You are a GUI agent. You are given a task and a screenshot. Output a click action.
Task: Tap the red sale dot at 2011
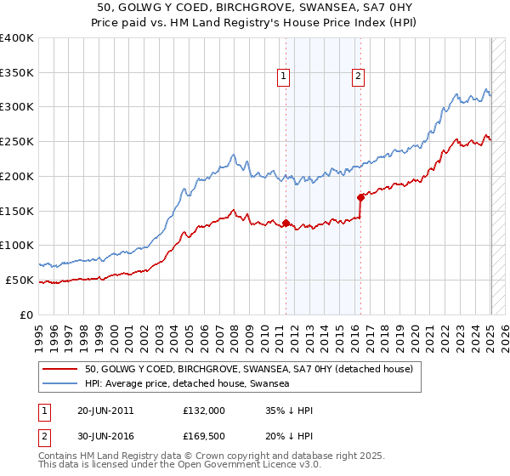pos(286,224)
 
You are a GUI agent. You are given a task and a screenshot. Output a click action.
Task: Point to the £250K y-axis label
pos(17,142)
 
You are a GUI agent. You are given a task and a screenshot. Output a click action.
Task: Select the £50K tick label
pos(20,280)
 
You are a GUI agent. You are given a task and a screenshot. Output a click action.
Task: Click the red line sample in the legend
pos(60,369)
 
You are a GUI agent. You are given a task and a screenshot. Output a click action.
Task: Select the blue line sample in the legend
pos(60,383)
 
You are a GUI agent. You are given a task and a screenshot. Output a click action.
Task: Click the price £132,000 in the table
pos(203,411)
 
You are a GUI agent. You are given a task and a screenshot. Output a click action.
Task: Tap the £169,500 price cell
pos(203,437)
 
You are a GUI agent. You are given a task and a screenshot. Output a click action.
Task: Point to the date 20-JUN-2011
pos(105,411)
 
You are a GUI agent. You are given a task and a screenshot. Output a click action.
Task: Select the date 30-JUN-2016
pos(105,437)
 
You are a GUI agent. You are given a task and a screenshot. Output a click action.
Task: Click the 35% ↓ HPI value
pos(289,411)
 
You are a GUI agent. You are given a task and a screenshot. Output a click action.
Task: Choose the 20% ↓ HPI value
pos(289,437)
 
